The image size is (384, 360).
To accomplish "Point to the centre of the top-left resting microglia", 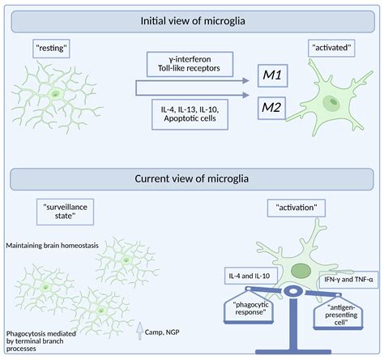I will (53, 95).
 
